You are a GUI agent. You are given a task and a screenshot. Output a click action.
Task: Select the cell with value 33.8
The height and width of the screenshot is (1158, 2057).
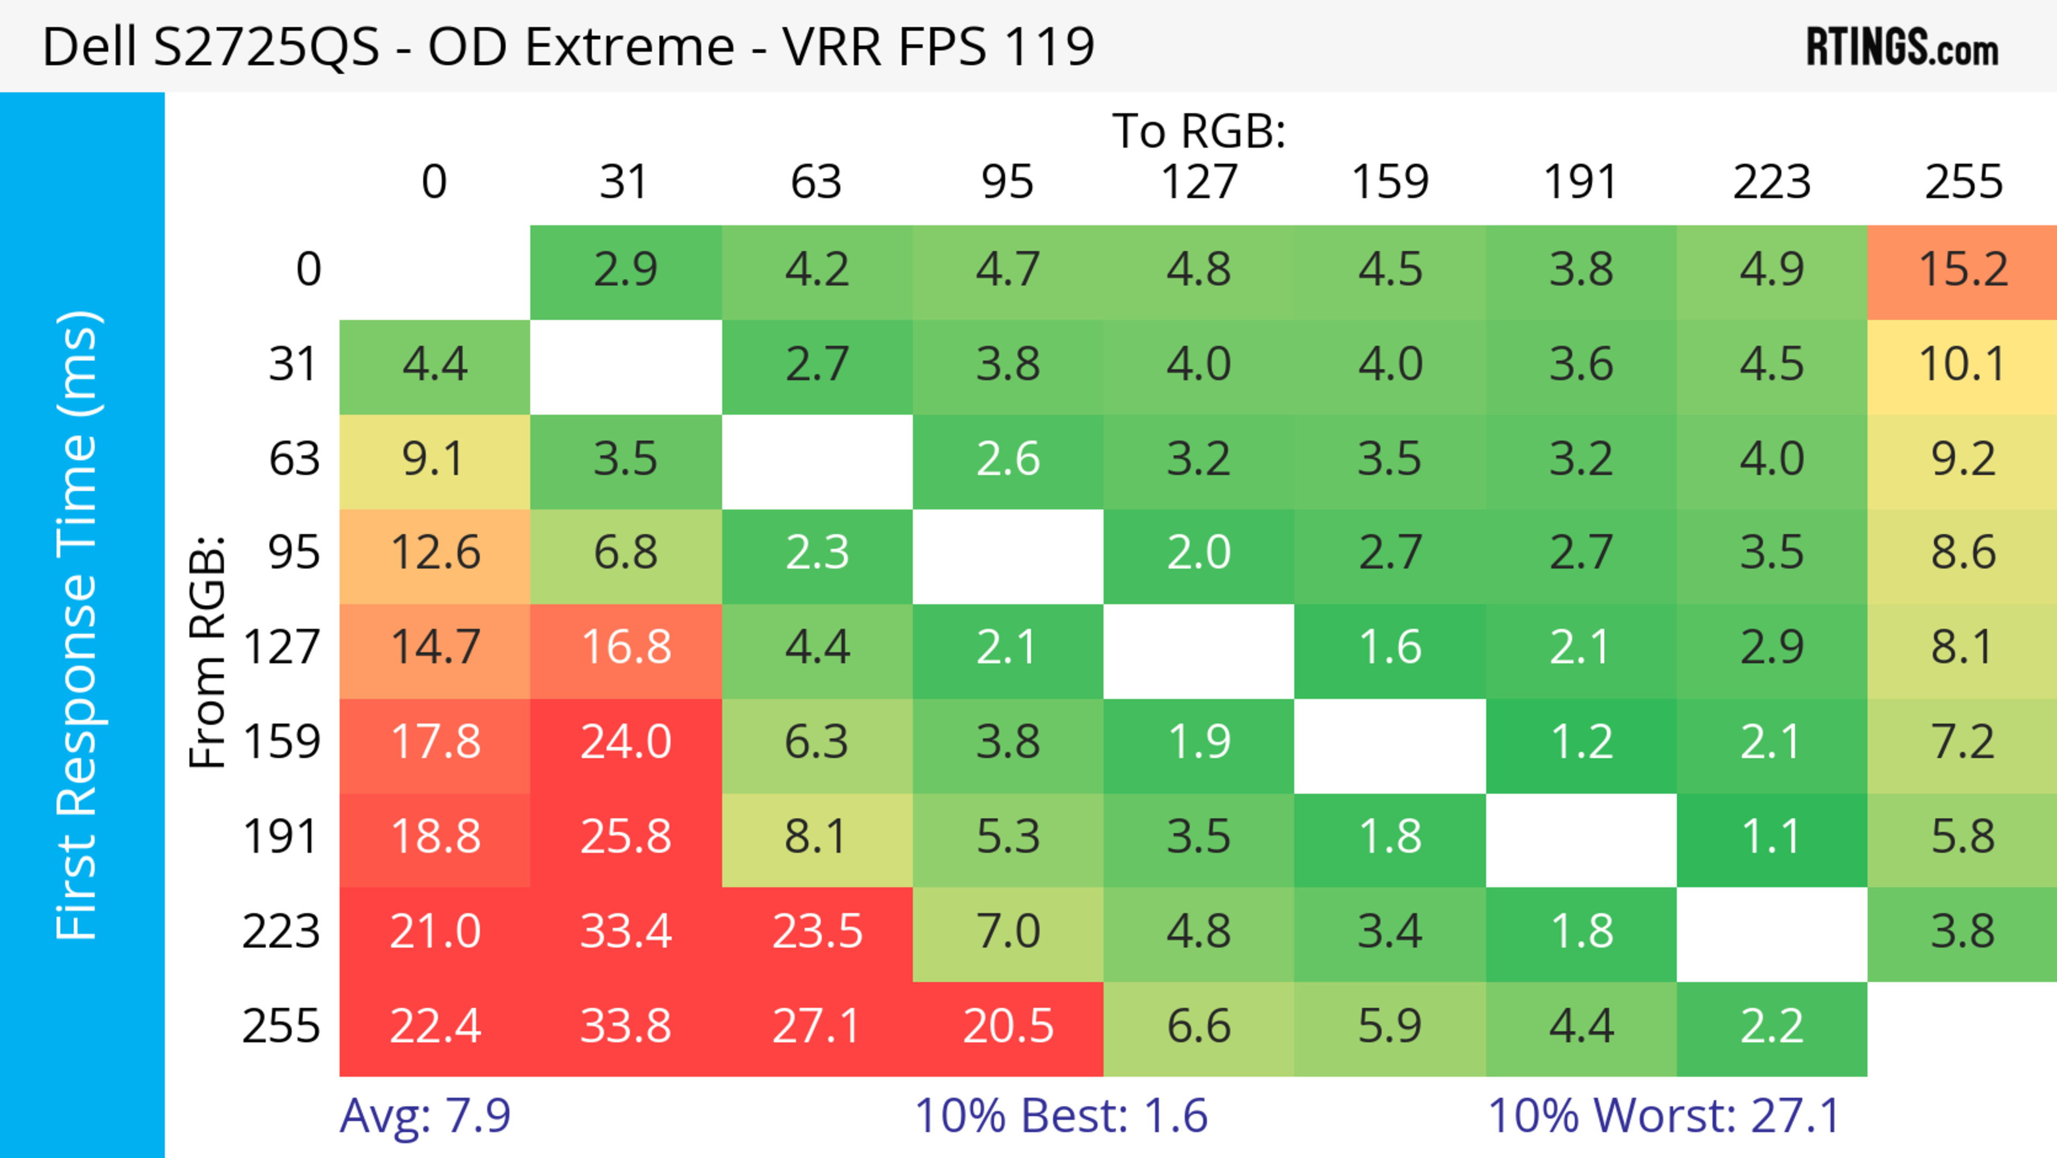coord(625,1026)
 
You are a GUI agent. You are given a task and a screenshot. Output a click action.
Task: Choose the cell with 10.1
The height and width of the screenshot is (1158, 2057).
coord(1962,365)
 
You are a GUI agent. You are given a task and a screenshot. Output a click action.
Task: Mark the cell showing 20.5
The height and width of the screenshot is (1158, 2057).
coord(1008,1026)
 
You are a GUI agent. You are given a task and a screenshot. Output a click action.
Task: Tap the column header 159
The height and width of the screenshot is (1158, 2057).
coord(1390,182)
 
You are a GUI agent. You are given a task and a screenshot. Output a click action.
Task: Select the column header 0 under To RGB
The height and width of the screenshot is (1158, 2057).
coord(434,182)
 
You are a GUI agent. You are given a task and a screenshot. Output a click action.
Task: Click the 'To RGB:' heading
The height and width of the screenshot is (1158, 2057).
coord(1199,131)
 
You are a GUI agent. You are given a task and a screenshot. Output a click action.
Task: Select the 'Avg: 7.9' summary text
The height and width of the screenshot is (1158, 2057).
coord(425,1116)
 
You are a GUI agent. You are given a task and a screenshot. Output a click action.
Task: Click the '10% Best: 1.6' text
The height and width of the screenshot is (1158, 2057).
coord(1061,1116)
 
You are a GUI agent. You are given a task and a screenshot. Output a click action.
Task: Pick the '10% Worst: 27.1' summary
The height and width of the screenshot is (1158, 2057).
coord(1664,1116)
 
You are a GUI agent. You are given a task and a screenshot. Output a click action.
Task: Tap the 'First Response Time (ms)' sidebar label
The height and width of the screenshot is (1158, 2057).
coord(78,625)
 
